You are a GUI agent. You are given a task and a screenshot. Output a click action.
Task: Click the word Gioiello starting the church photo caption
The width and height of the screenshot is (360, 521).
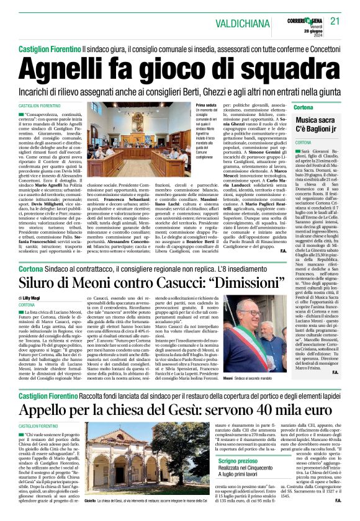(x=90, y=499)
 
